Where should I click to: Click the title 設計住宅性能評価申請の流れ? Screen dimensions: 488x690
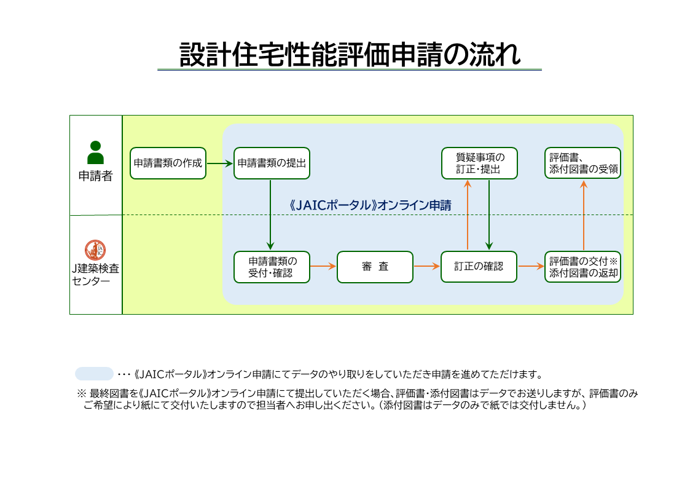(350, 54)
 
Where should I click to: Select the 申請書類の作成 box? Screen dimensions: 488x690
(168, 163)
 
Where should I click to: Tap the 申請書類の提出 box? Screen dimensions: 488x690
(272, 163)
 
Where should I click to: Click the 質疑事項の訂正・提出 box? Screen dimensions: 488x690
(479, 163)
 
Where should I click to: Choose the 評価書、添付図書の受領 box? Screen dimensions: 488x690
(582, 163)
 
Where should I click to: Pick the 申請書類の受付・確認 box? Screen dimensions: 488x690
(272, 267)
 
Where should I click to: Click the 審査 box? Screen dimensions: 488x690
(375, 267)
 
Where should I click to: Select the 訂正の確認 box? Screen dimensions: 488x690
(479, 267)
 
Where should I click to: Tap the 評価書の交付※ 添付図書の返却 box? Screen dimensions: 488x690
(582, 267)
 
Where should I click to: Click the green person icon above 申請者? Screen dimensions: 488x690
(95, 152)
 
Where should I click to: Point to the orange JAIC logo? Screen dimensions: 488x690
(95, 249)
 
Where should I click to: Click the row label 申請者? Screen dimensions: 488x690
(95, 176)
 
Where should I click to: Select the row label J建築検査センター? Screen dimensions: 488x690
(95, 275)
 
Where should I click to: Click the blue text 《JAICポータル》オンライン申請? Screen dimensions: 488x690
(370, 205)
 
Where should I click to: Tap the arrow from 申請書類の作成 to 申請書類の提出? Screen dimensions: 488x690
(219, 163)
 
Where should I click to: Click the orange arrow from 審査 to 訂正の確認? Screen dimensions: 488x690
(427, 267)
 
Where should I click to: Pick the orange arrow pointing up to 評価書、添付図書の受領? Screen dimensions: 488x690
(584, 215)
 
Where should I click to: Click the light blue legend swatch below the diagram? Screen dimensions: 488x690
(94, 374)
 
